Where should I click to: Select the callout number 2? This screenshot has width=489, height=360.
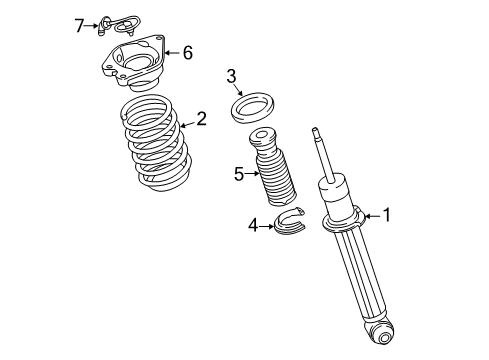coord(201,119)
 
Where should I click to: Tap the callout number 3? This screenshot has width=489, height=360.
coord(231,75)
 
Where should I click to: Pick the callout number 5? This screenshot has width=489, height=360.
coord(239,174)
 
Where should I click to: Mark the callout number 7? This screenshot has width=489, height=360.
coord(80,24)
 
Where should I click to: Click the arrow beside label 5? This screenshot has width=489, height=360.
coord(254,174)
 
